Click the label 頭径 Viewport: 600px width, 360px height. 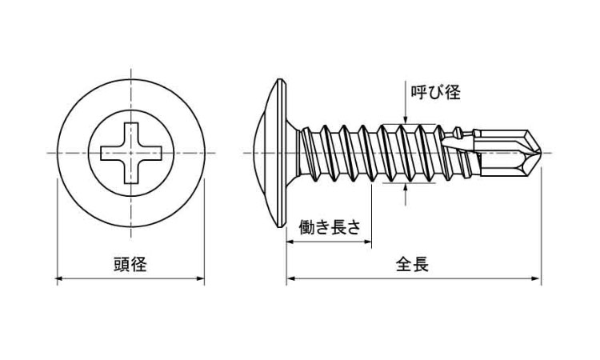tap(130, 265)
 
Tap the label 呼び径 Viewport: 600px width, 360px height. tap(435, 93)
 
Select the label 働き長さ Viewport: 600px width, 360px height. tap(329, 226)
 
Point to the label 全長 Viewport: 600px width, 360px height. tap(412, 265)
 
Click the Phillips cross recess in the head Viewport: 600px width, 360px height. tap(130, 152)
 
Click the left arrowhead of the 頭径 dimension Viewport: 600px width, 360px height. tap(59, 279)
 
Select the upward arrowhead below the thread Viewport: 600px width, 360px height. tap(406, 189)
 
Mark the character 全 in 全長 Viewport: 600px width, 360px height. tap(403, 265)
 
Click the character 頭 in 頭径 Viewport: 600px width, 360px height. tap(121, 265)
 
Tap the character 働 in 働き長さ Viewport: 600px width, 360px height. tap(306, 226)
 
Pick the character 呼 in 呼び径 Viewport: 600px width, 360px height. tap(418, 93)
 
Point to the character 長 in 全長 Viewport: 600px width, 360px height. tap(421, 265)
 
